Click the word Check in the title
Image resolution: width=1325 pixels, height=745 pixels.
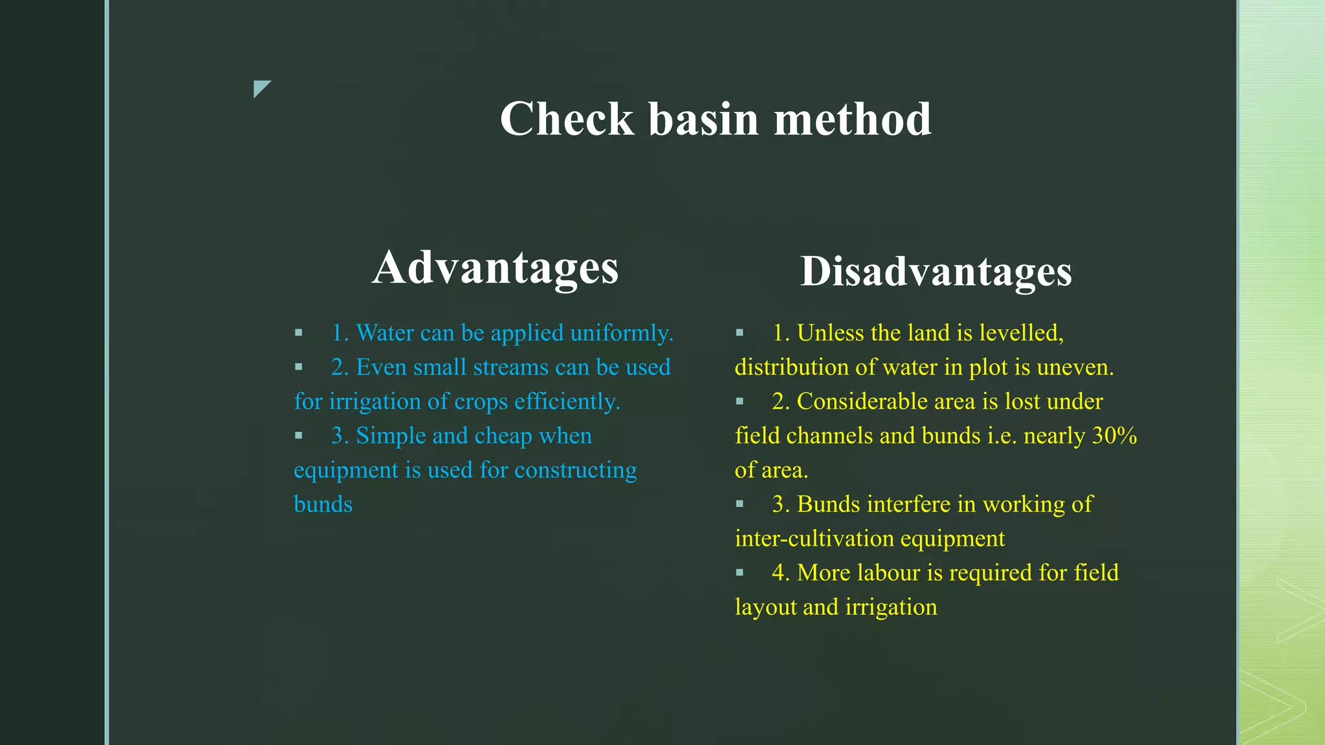tap(567, 120)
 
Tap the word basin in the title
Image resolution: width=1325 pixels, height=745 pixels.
tap(703, 120)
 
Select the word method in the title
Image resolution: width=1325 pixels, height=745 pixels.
tap(853, 120)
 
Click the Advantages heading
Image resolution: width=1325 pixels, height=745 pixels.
tap(496, 268)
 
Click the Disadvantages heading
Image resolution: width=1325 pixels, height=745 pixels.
tap(936, 271)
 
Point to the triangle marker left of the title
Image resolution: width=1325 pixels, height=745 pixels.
tap(261, 88)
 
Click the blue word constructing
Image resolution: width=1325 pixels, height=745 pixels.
tap(575, 470)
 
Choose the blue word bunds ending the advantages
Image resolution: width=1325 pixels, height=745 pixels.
tap(323, 504)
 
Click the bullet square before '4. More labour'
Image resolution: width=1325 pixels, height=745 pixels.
tap(739, 572)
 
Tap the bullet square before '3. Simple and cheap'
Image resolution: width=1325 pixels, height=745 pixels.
tap(298, 435)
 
